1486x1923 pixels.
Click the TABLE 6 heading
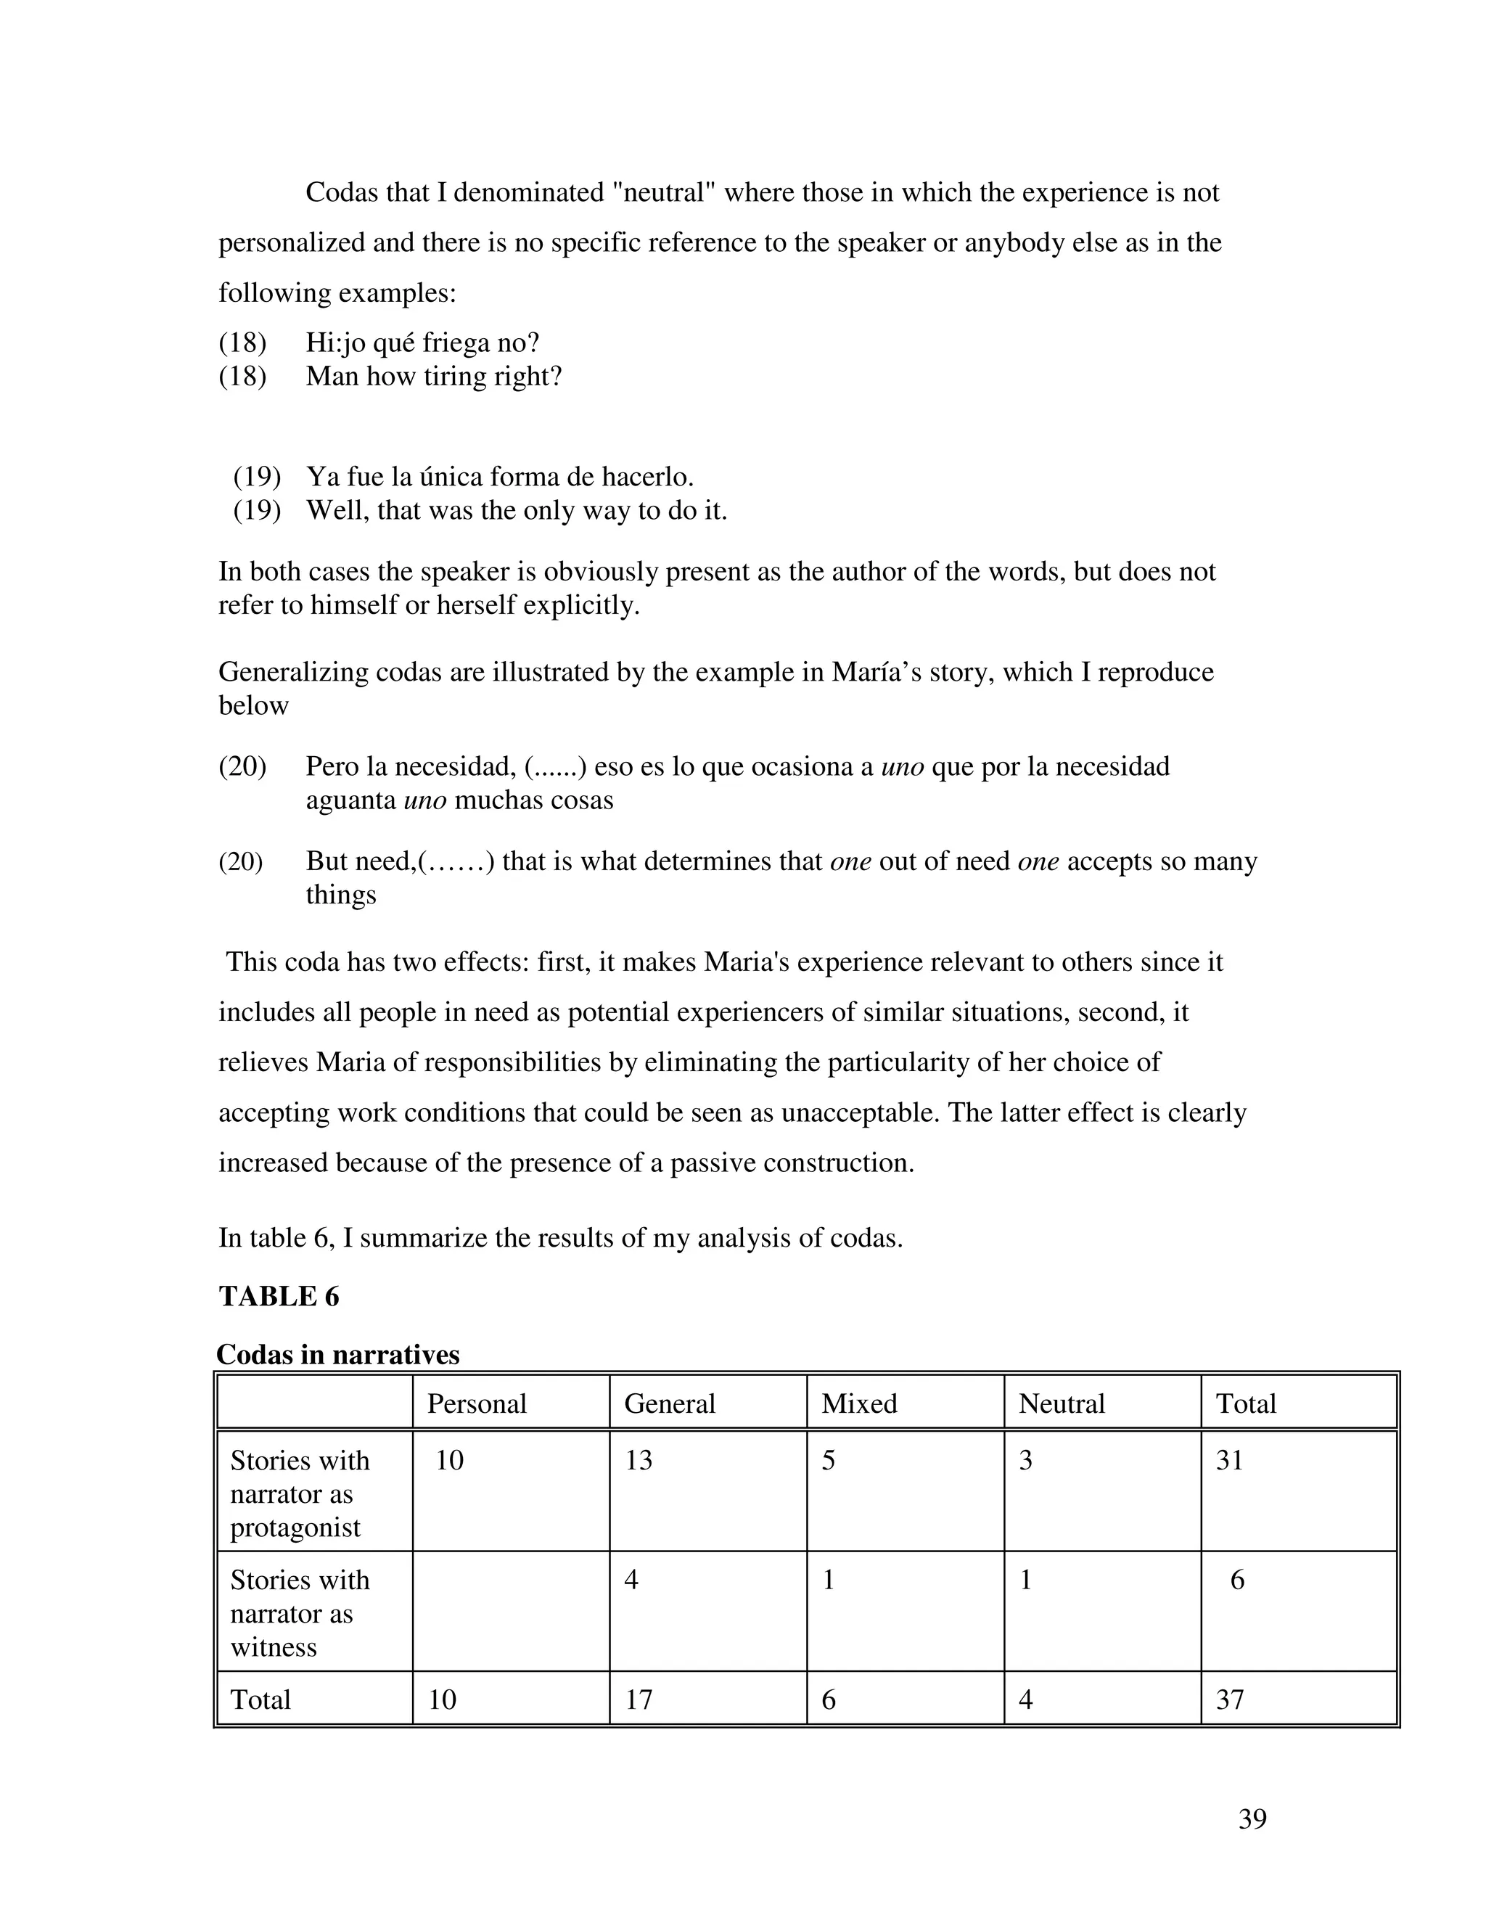pyautogui.click(x=278, y=1297)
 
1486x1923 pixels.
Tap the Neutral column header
pyautogui.click(x=1061, y=1403)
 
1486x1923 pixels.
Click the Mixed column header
pyautogui.click(x=859, y=1403)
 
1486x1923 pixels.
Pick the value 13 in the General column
pyautogui.click(x=639, y=1461)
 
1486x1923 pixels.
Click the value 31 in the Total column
pyautogui.click(x=1229, y=1461)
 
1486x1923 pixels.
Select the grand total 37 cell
pyautogui.click(x=1229, y=1699)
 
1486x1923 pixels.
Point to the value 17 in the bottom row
pyautogui.click(x=639, y=1699)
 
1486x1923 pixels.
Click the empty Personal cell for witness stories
pyautogui.click(x=511, y=1611)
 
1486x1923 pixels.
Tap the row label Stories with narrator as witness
pyautogui.click(x=300, y=1613)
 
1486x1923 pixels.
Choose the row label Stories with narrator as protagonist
pyautogui.click(x=300, y=1493)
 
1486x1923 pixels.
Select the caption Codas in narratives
pyautogui.click(x=338, y=1354)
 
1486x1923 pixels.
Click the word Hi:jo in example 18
pyautogui.click(x=334, y=343)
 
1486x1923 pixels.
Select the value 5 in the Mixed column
pyautogui.click(x=829, y=1461)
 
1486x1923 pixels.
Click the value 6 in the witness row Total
pyautogui.click(x=1237, y=1580)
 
